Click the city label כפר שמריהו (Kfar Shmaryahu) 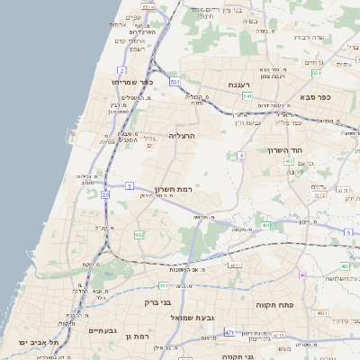point(134,81)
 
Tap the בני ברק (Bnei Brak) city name point(157,302)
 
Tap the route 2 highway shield point(122,68)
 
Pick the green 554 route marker point(148,6)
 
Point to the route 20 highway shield point(105,193)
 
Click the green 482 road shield point(139,235)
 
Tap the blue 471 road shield point(229,333)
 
